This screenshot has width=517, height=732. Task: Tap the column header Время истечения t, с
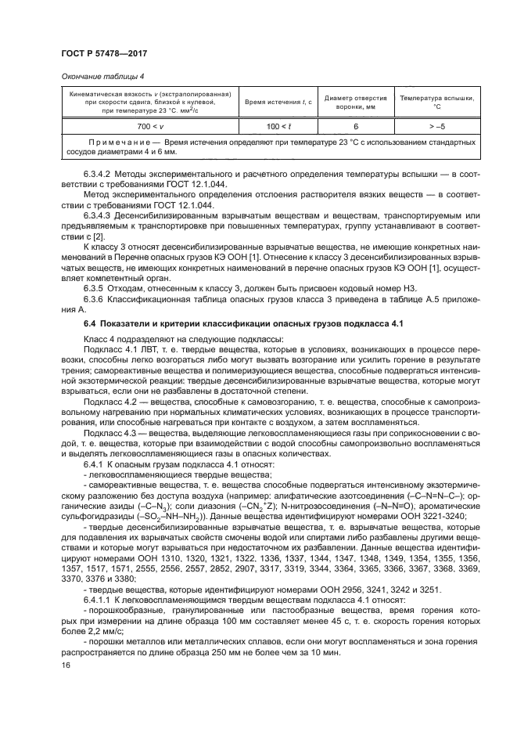click(x=278, y=103)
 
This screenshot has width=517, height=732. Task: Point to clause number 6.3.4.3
click(x=99, y=214)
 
